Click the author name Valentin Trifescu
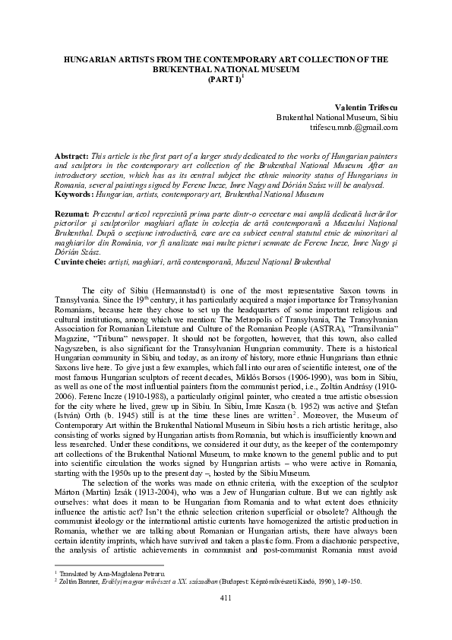tap(362, 109)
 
